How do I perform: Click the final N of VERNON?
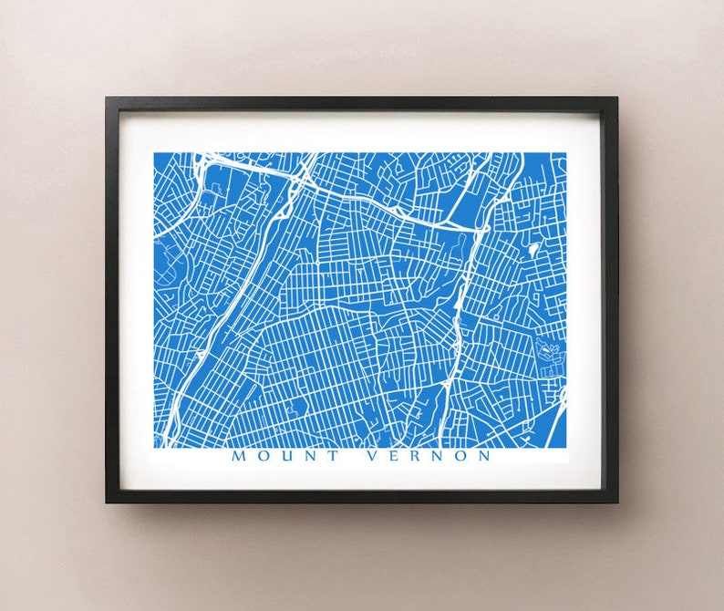(x=485, y=456)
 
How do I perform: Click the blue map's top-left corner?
(x=154, y=152)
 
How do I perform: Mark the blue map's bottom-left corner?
(x=154, y=447)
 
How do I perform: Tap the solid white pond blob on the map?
(x=533, y=247)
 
